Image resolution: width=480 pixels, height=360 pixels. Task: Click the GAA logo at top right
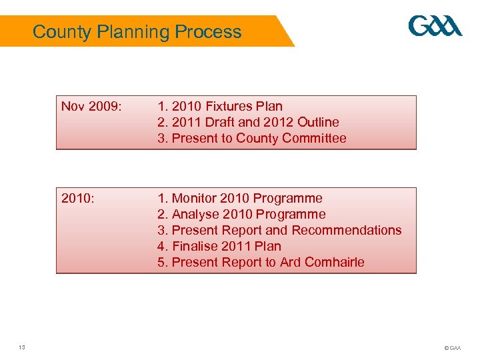coord(435,27)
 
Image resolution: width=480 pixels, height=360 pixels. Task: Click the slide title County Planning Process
coord(137,31)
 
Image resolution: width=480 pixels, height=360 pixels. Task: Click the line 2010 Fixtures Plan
coord(220,106)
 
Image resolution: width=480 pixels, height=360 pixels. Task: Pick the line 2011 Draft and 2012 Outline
coord(248,122)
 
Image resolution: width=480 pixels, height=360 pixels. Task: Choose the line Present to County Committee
coord(252,138)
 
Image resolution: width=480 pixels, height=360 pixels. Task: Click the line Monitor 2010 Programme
coord(240,198)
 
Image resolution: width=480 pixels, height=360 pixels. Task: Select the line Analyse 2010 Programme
coord(241,214)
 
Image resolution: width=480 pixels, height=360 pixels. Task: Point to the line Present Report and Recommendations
coord(279,230)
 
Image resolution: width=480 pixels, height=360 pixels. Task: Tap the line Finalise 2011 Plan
coord(219,246)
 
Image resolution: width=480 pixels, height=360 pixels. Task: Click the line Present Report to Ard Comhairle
coord(261,262)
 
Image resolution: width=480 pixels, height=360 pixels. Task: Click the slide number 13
coord(22,347)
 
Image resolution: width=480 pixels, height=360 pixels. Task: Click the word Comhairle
coord(335,262)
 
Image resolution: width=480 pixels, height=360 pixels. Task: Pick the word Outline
coord(318,122)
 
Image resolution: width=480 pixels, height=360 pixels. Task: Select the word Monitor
coord(195,198)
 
